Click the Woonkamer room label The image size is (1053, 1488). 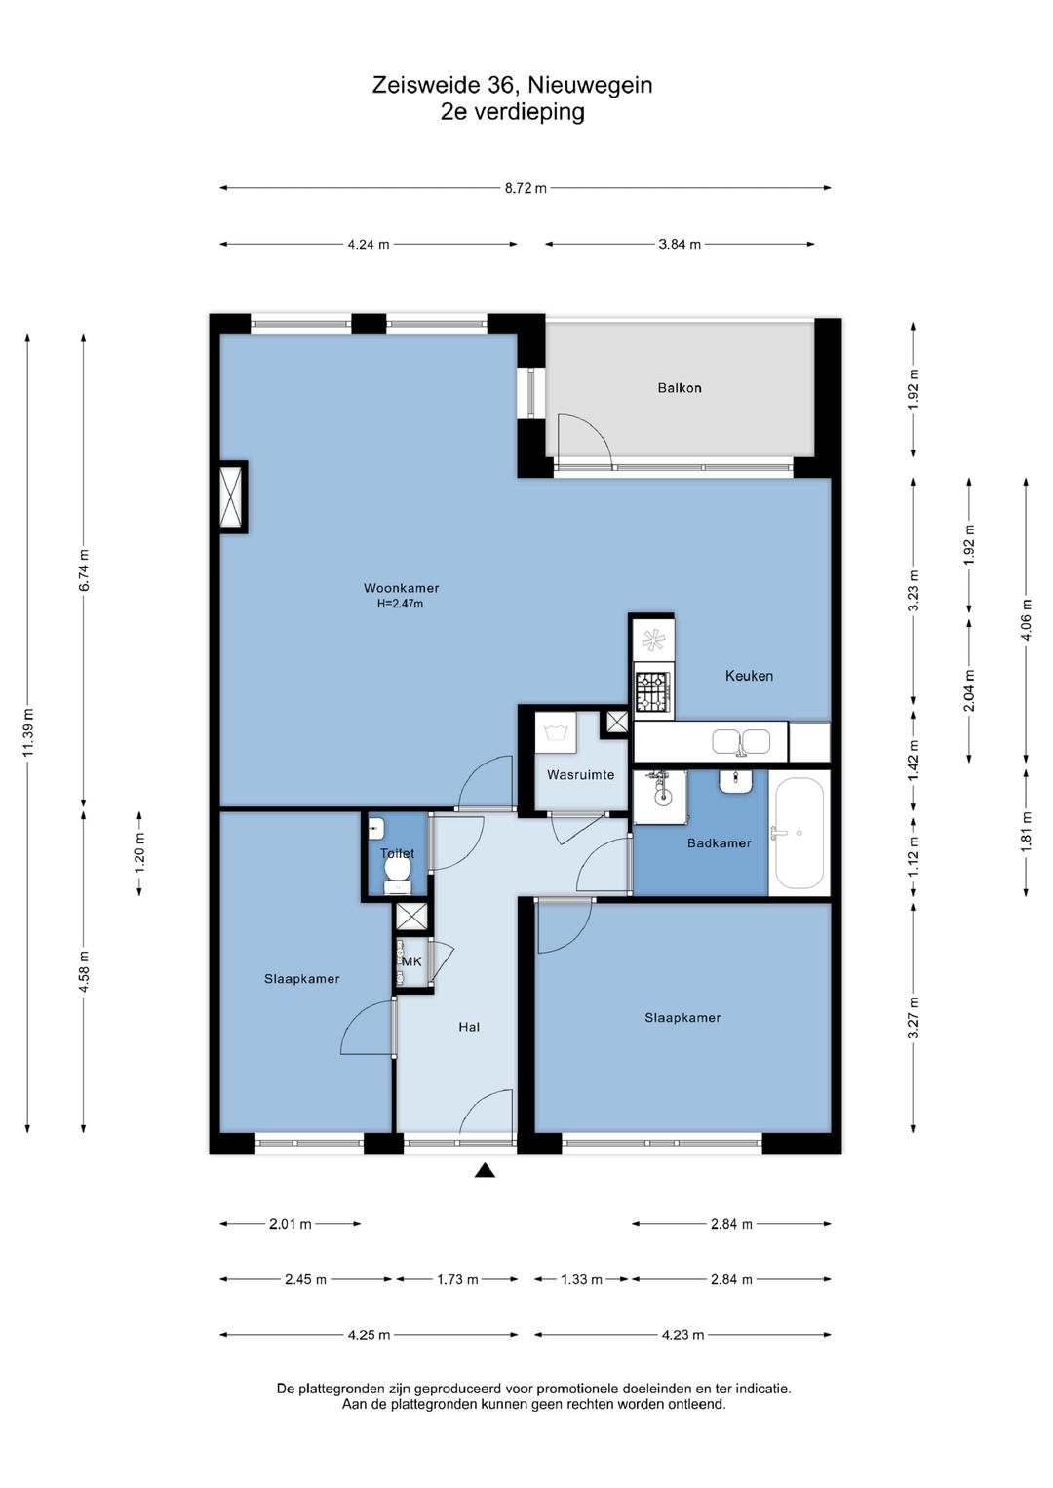click(x=401, y=588)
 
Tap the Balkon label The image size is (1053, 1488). click(x=679, y=387)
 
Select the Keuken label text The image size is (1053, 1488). click(x=749, y=676)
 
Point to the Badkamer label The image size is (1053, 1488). click(x=719, y=843)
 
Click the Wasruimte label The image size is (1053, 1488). click(x=580, y=774)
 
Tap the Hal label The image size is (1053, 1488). click(x=469, y=1027)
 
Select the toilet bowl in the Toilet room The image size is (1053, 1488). click(x=397, y=868)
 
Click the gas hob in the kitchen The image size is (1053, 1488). click(x=653, y=691)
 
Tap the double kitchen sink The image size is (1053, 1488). click(x=741, y=741)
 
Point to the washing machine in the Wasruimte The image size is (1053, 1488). click(x=556, y=732)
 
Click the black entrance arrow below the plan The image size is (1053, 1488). click(x=485, y=1170)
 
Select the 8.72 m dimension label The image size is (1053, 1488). click(x=526, y=188)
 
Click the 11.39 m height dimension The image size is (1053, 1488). click(x=27, y=732)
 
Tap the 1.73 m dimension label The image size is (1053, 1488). click(x=457, y=1279)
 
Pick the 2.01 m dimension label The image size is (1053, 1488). click(x=291, y=1224)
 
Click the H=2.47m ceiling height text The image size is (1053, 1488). click(x=400, y=604)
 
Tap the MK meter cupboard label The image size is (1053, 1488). click(x=411, y=961)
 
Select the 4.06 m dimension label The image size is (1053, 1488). click(x=1027, y=620)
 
